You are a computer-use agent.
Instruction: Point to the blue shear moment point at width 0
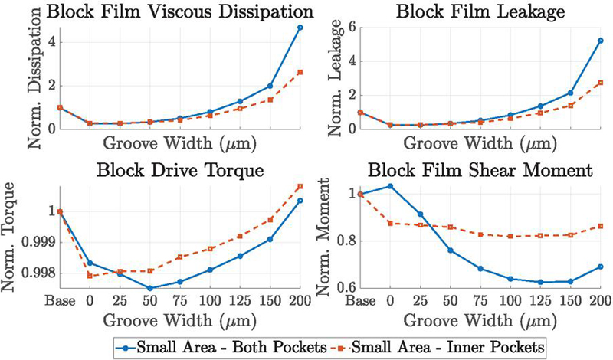point(391,186)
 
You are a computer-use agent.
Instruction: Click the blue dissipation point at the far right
point(300,28)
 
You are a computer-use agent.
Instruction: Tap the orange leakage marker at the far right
point(601,83)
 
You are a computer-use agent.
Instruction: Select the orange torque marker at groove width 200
point(300,186)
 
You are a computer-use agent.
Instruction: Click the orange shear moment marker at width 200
point(601,226)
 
